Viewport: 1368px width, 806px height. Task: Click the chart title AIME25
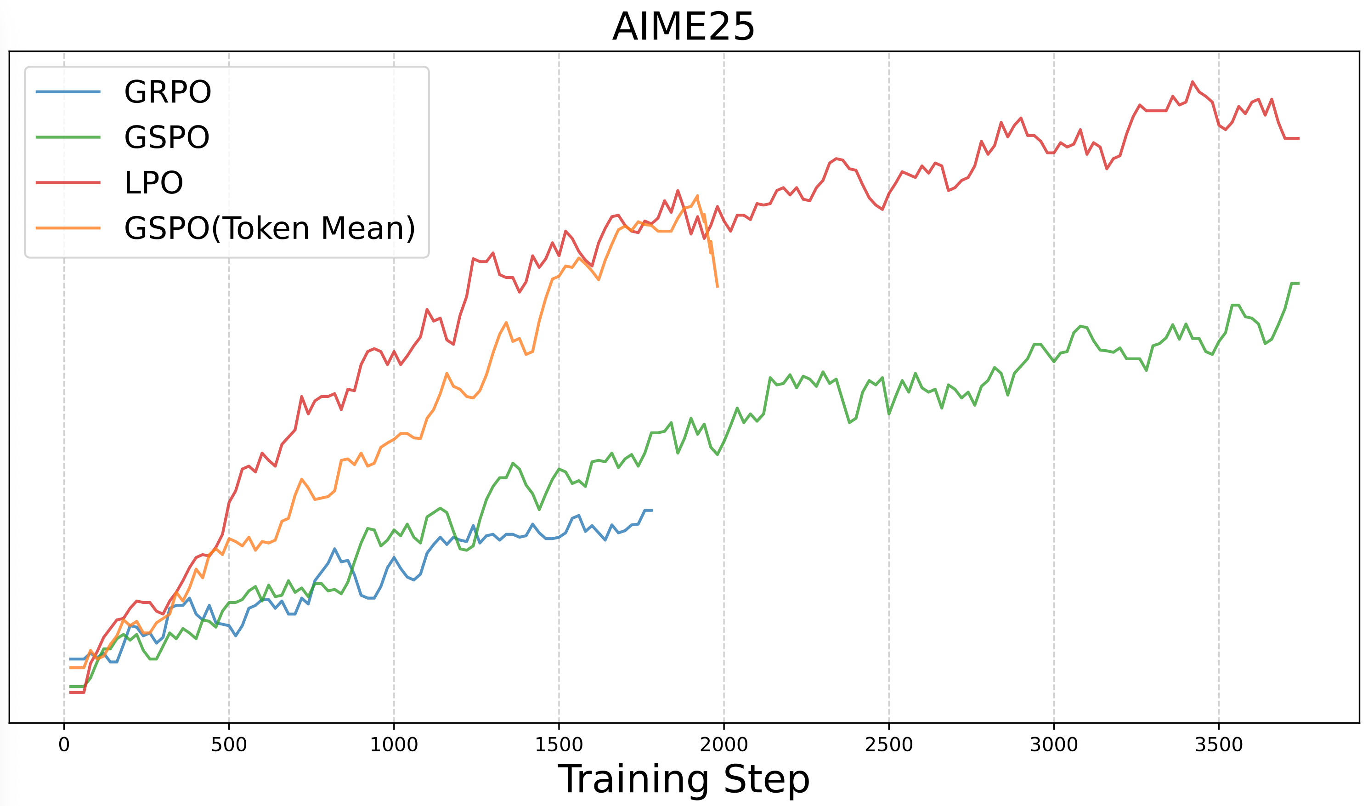tap(684, 27)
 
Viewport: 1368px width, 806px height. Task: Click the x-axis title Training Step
tap(684, 779)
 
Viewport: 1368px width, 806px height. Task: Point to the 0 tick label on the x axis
tap(64, 744)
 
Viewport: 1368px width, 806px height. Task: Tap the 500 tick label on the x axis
tap(229, 744)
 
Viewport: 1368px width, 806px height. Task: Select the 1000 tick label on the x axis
tap(394, 744)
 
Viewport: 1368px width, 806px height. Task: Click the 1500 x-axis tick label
tap(559, 744)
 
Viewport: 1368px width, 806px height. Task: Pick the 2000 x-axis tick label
tap(724, 744)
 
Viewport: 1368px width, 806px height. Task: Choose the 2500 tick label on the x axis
tap(889, 744)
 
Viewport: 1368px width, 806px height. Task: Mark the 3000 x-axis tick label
tap(1054, 744)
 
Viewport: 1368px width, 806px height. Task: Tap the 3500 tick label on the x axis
tap(1219, 744)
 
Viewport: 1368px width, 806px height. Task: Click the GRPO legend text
tap(167, 92)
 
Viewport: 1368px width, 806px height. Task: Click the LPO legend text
tap(153, 182)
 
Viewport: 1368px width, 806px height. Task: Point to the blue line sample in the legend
tap(68, 92)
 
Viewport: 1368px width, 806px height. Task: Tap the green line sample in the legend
tap(68, 137)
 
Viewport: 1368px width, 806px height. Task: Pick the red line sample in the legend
tap(68, 182)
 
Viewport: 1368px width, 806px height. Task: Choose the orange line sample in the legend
tap(68, 228)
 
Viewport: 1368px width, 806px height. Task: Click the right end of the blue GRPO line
tap(652, 511)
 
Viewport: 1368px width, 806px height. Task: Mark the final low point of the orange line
tap(718, 287)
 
